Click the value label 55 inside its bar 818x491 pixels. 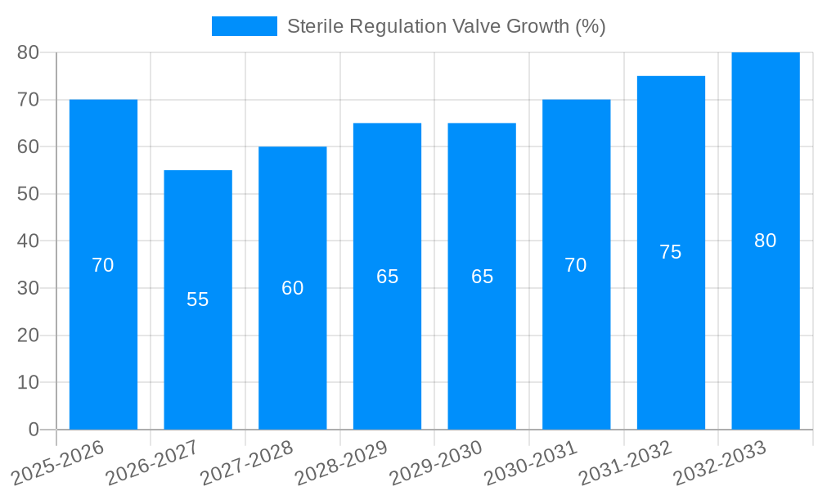198,300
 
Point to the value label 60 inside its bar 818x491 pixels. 293,288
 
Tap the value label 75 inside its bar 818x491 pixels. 671,252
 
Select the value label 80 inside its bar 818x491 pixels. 766,241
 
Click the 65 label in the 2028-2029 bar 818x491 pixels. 388,277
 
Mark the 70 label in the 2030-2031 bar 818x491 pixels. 576,265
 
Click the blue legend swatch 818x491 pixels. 244,26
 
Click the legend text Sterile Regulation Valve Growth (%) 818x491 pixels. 446,26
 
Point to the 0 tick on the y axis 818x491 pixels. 34,430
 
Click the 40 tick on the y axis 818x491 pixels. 28,241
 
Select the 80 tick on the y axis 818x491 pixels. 28,52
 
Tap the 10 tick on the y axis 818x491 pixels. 28,382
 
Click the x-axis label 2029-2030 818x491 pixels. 436,462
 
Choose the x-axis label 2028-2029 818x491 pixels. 341,462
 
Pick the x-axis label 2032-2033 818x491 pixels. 720,462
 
